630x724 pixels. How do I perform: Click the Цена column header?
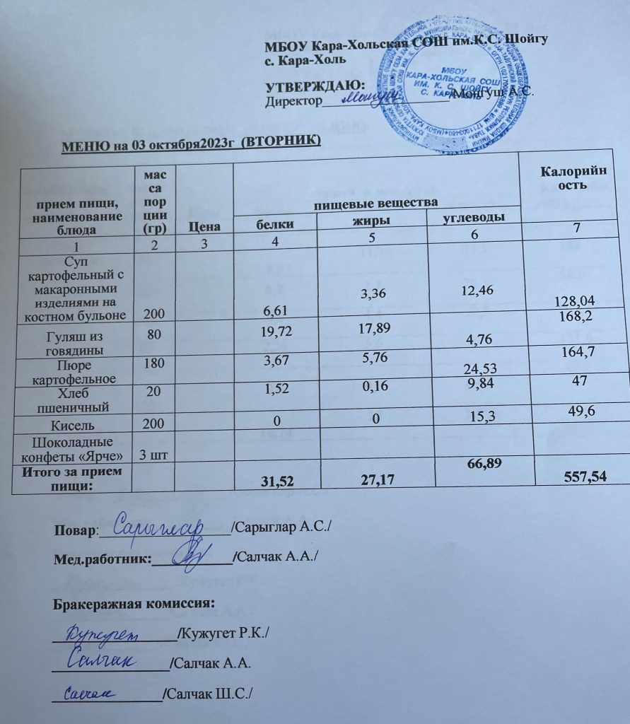(x=204, y=227)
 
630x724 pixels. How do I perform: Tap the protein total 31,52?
(x=278, y=482)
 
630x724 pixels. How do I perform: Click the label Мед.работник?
(x=103, y=559)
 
